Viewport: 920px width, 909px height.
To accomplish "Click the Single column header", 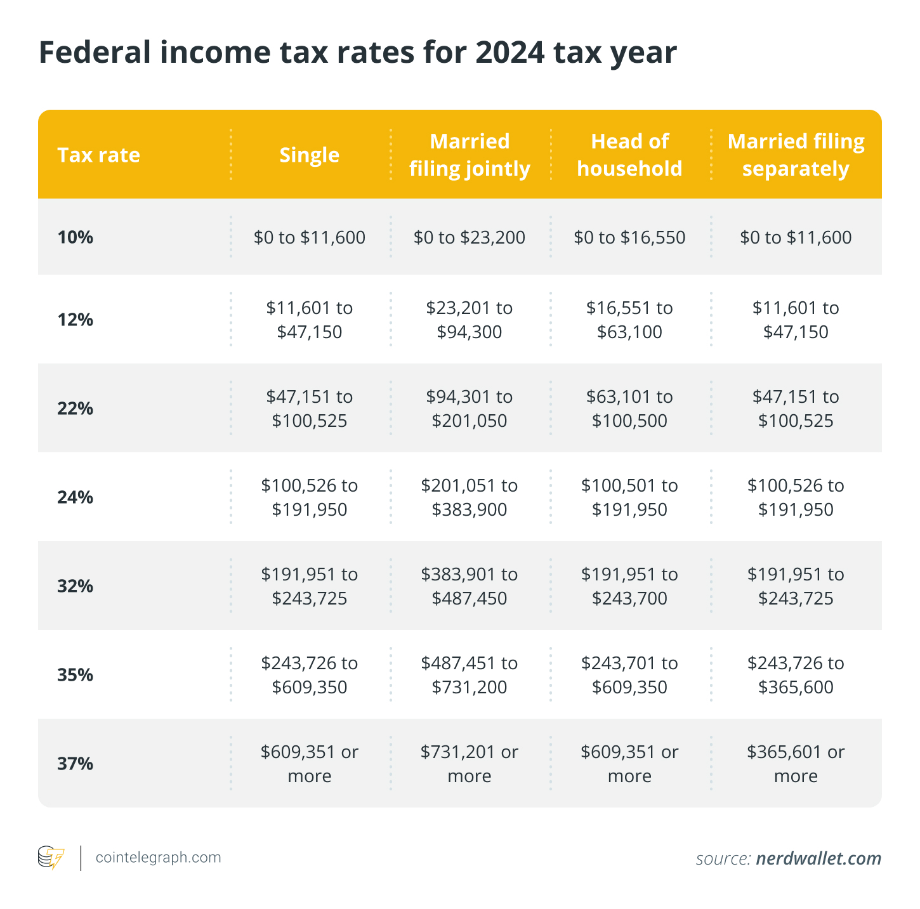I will click(310, 155).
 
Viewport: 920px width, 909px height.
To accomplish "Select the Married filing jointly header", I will click(470, 155).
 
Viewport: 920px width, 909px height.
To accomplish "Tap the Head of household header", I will click(629, 155).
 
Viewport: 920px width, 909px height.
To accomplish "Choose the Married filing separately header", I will click(796, 155).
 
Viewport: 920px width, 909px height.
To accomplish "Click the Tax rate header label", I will click(98, 155).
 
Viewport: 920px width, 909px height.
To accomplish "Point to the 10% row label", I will click(75, 238).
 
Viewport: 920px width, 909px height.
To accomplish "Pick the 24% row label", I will click(75, 497).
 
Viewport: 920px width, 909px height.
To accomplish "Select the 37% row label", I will click(75, 764).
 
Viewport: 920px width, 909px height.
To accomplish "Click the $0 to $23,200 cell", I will click(470, 238).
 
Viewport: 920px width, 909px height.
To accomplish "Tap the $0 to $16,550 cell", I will click(629, 238).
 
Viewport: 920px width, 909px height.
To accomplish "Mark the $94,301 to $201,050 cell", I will click(470, 409).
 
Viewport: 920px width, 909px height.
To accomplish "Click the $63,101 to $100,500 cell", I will click(629, 409).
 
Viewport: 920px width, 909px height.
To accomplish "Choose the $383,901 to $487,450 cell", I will click(470, 586).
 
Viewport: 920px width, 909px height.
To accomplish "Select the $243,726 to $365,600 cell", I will click(796, 675).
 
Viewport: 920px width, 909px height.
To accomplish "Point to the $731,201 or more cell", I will click(470, 764).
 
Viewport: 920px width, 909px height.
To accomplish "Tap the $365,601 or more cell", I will click(796, 764).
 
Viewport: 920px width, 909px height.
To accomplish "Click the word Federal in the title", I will click(94, 53).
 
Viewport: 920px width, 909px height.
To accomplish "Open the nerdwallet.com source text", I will click(818, 859).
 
